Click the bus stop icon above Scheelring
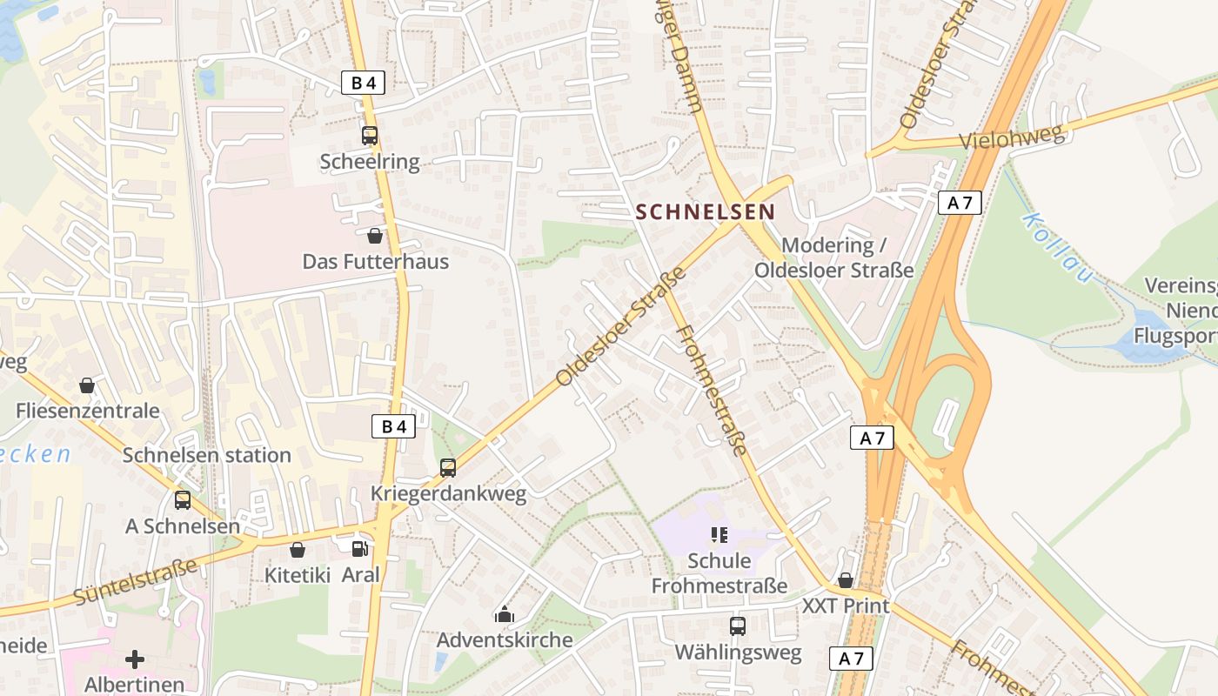click(x=370, y=136)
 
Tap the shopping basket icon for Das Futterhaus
click(x=375, y=236)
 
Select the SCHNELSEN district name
click(x=705, y=211)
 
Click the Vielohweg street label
click(x=1012, y=138)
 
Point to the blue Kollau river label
click(x=1057, y=247)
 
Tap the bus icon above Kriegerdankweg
click(x=448, y=468)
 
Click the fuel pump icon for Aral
click(x=359, y=549)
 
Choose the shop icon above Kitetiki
click(x=298, y=550)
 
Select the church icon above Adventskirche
click(x=504, y=615)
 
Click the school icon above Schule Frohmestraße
click(x=719, y=535)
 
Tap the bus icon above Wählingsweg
click(x=738, y=626)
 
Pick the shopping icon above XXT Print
click(x=846, y=580)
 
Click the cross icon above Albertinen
click(x=135, y=659)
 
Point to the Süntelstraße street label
click(x=135, y=583)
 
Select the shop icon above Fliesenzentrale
click(x=87, y=385)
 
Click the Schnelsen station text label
click(x=206, y=455)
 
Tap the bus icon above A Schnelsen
click(x=183, y=500)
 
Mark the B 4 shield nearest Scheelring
click(x=363, y=83)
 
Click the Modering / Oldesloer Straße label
click(x=833, y=258)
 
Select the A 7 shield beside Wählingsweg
click(x=851, y=659)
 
